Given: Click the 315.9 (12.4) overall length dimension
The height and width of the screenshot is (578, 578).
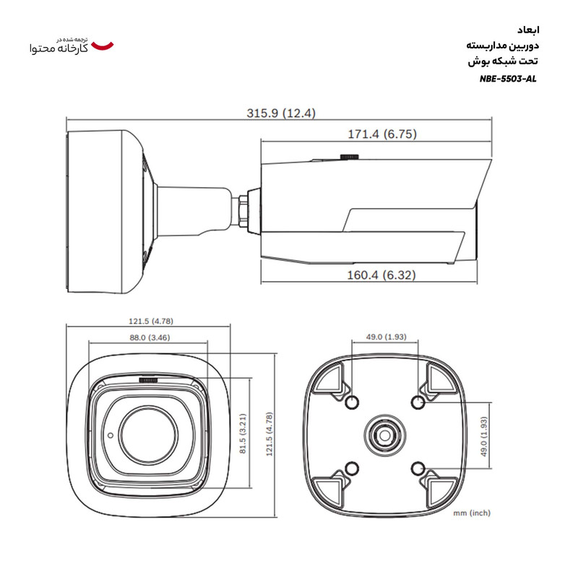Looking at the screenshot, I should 281,113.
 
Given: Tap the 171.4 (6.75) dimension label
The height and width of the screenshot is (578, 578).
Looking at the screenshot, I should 380,134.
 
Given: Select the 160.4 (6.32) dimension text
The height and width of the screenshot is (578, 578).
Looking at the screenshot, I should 380,275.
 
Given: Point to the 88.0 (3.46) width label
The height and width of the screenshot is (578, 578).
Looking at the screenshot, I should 150,337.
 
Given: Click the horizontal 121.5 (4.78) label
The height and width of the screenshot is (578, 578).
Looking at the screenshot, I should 151,321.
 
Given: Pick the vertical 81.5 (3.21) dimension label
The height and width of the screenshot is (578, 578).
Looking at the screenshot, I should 243,431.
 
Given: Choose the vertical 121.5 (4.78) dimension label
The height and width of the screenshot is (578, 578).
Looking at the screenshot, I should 269,431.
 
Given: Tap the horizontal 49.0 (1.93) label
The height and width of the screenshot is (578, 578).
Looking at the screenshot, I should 386,337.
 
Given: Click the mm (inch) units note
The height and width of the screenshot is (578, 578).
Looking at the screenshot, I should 472,513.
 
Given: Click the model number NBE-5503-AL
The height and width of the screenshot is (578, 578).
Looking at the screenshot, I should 508,79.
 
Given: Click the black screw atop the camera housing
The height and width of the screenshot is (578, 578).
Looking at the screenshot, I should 350,155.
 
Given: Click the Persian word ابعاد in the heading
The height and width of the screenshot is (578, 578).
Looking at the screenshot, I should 528,30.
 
